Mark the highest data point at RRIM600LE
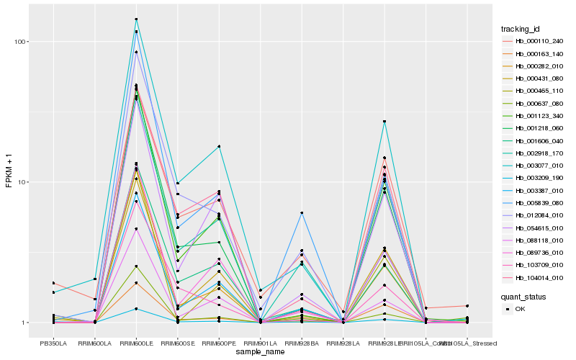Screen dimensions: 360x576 pos(136,19)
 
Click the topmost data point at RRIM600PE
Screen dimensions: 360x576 pos(219,146)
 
